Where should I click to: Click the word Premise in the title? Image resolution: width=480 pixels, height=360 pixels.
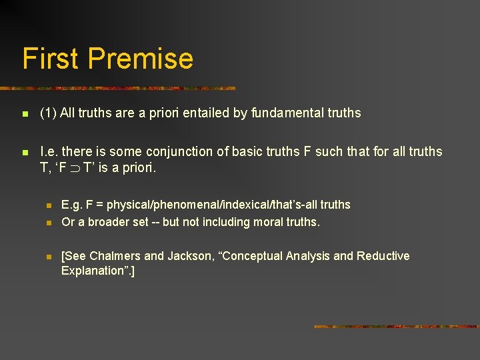[x=141, y=59]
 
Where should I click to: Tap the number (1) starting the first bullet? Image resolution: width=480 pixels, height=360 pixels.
[x=48, y=113]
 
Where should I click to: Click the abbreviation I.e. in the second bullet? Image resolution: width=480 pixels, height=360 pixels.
[x=49, y=152]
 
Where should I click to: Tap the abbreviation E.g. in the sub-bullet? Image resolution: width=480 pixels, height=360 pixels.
[x=71, y=205]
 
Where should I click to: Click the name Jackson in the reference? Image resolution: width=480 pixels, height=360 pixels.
[x=188, y=256]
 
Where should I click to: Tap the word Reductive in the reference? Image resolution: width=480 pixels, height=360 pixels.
[x=383, y=256]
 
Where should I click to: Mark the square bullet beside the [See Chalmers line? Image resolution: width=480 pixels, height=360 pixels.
[x=48, y=257]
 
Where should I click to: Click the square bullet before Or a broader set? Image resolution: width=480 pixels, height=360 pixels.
[x=48, y=223]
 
